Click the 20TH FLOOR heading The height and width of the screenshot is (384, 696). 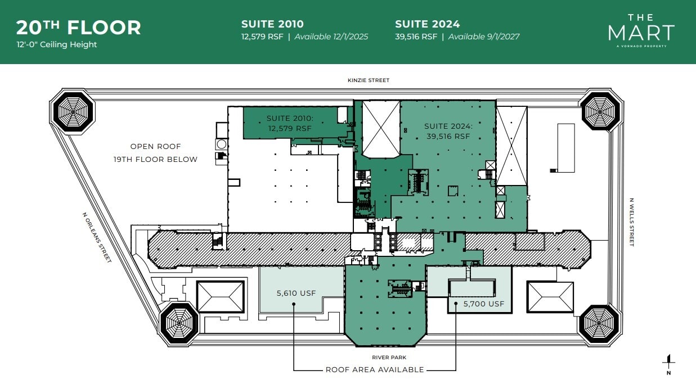click(78, 27)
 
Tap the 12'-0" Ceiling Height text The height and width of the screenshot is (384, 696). click(56, 44)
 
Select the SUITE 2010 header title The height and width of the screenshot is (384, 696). click(272, 24)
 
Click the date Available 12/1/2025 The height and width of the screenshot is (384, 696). click(331, 37)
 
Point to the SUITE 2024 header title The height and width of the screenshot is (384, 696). click(427, 24)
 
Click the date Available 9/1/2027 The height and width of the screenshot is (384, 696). click(484, 37)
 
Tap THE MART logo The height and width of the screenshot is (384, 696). click(641, 30)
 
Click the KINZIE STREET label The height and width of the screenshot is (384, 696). click(368, 80)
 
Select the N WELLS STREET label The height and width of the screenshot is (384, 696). click(632, 222)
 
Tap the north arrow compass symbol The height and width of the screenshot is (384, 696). click(668, 365)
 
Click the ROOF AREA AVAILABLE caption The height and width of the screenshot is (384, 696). click(375, 370)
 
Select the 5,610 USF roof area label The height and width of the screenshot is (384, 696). click(295, 293)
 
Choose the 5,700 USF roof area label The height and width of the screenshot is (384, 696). click(484, 304)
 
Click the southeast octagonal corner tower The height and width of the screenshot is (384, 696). click(599, 324)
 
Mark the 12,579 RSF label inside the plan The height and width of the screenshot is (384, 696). click(290, 128)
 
